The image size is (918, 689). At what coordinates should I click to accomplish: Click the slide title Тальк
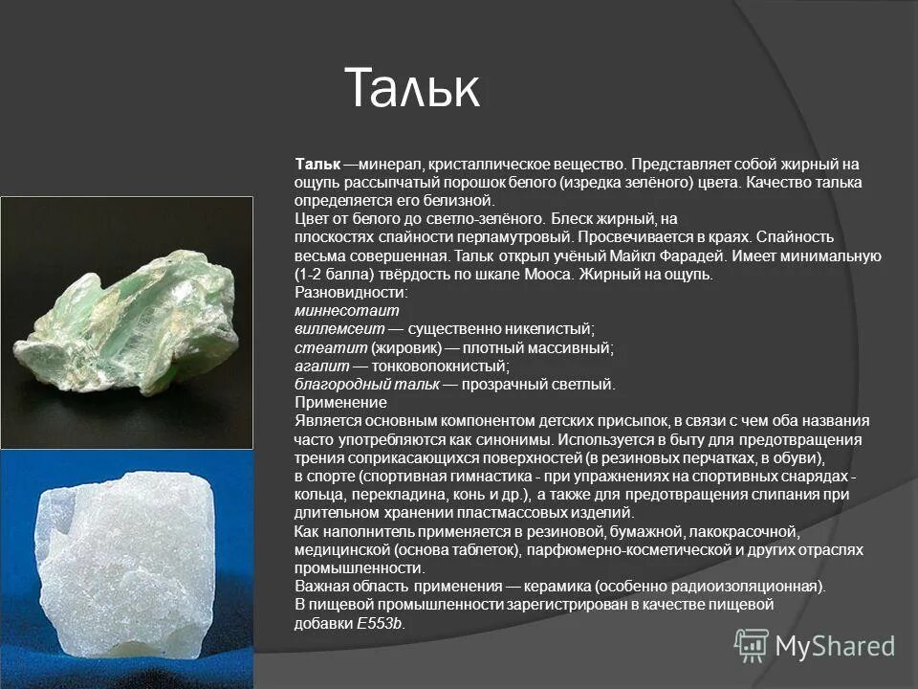point(411,88)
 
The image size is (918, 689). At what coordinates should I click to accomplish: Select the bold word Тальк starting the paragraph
point(317,165)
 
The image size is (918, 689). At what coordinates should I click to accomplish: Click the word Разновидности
point(351,293)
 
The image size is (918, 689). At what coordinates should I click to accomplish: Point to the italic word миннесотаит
point(346,311)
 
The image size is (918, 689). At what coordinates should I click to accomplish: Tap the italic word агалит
point(320,366)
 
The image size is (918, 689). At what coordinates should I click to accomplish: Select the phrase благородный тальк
point(367,385)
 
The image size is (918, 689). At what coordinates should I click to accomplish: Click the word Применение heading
point(340,403)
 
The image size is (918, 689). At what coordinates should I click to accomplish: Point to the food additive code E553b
point(381,623)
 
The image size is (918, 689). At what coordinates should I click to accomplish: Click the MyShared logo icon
point(752,645)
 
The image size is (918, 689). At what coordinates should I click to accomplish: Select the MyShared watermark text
point(835,646)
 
